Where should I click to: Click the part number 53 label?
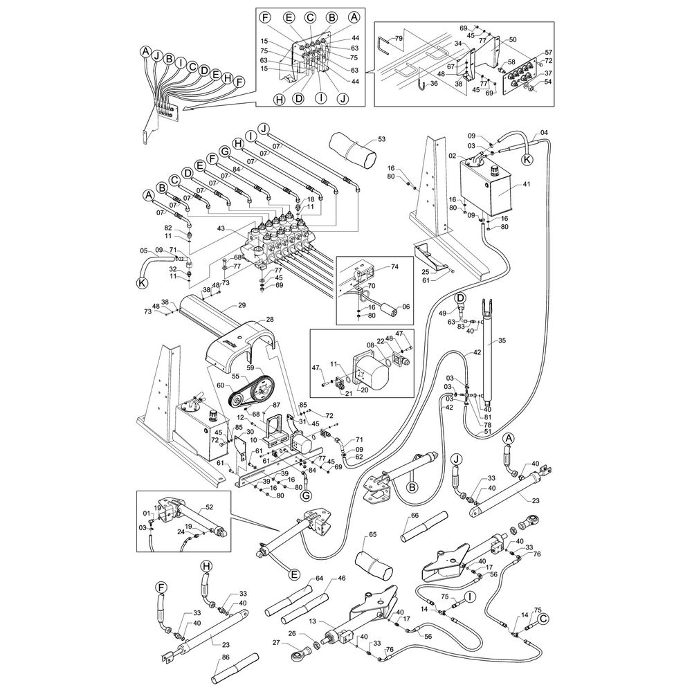click(x=381, y=139)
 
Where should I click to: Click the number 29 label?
click(x=242, y=305)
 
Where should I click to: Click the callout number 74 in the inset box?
click(x=394, y=267)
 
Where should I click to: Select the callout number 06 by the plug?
click(x=406, y=307)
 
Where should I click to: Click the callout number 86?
click(x=226, y=657)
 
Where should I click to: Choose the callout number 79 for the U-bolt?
click(x=399, y=38)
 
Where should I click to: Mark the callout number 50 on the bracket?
click(x=512, y=39)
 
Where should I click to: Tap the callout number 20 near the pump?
click(x=365, y=390)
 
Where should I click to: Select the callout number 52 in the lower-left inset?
click(x=209, y=507)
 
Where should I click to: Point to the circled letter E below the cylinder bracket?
click(x=294, y=574)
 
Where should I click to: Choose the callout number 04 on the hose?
click(x=544, y=132)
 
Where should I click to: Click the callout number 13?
click(x=312, y=621)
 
